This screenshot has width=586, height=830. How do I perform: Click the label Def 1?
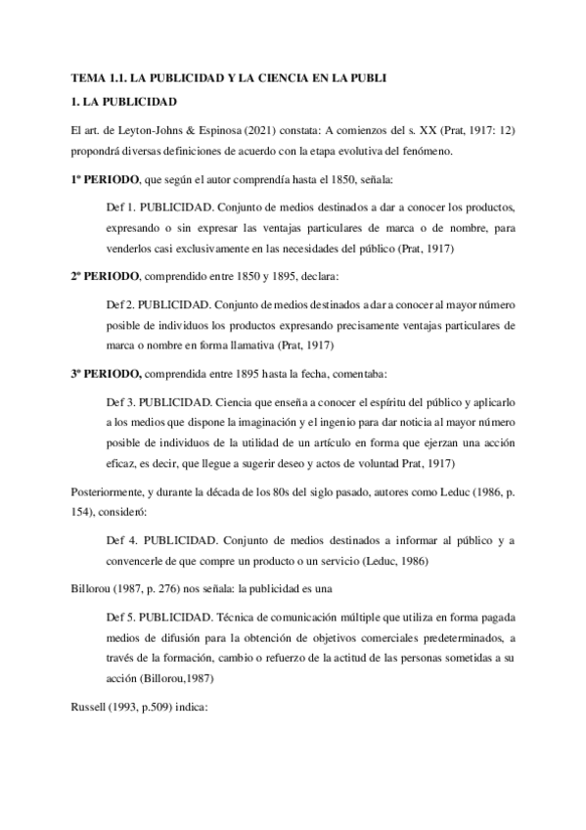pos(119,208)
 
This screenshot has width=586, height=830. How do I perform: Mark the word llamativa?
pos(308,346)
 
